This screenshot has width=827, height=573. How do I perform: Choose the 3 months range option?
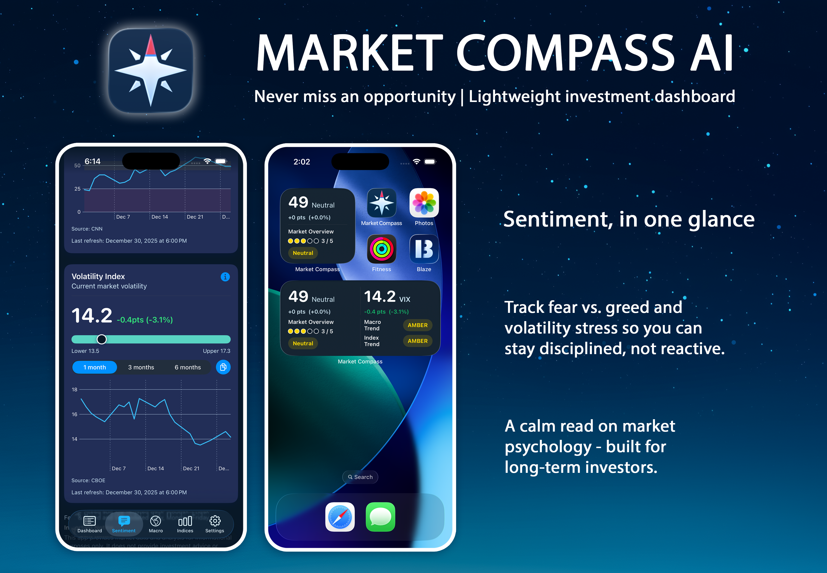click(141, 367)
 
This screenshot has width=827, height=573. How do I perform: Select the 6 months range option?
click(187, 367)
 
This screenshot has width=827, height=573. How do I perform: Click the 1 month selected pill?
click(95, 367)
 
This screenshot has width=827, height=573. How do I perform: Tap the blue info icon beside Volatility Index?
click(225, 277)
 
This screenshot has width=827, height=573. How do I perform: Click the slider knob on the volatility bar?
click(102, 339)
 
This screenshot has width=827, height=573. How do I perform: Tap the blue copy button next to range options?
click(223, 367)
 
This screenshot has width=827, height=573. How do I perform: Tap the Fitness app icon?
click(381, 249)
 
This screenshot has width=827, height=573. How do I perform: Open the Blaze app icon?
click(424, 249)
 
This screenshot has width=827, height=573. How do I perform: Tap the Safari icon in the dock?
click(340, 517)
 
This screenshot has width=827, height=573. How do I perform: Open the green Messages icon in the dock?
click(380, 517)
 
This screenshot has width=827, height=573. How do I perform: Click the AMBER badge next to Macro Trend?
click(418, 325)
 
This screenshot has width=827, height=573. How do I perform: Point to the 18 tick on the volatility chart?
click(74, 390)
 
